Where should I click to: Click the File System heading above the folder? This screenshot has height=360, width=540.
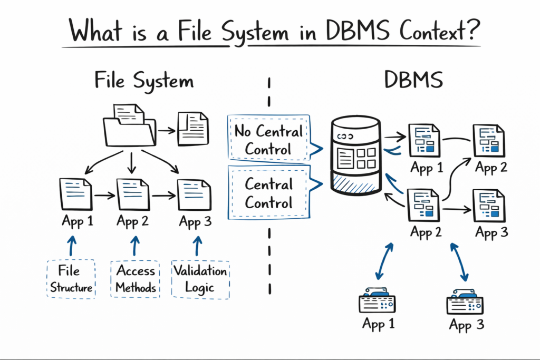click(x=144, y=82)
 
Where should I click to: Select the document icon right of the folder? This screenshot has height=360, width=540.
click(x=193, y=128)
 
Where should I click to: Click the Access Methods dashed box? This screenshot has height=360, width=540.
click(x=136, y=279)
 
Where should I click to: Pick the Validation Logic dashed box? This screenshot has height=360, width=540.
click(x=200, y=279)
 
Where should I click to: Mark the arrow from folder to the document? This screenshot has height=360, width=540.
click(x=166, y=129)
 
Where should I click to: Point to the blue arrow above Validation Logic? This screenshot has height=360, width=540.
click(x=198, y=245)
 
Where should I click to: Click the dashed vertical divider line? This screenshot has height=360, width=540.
click(x=270, y=184)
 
